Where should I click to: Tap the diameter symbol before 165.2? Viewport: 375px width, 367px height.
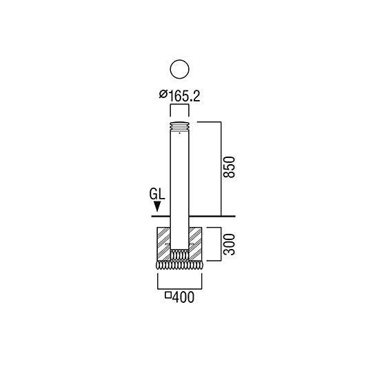(163, 94)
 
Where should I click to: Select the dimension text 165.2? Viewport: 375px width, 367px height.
(184, 97)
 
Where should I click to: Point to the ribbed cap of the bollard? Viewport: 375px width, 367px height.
(179, 126)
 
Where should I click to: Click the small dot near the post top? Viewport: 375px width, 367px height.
(179, 133)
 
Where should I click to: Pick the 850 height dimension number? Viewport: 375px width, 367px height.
(229, 167)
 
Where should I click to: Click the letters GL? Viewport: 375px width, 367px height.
(157, 194)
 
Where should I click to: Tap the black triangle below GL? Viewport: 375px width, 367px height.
(157, 206)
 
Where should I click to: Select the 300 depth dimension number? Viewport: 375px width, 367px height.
(229, 244)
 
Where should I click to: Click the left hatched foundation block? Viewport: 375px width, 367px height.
(163, 244)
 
